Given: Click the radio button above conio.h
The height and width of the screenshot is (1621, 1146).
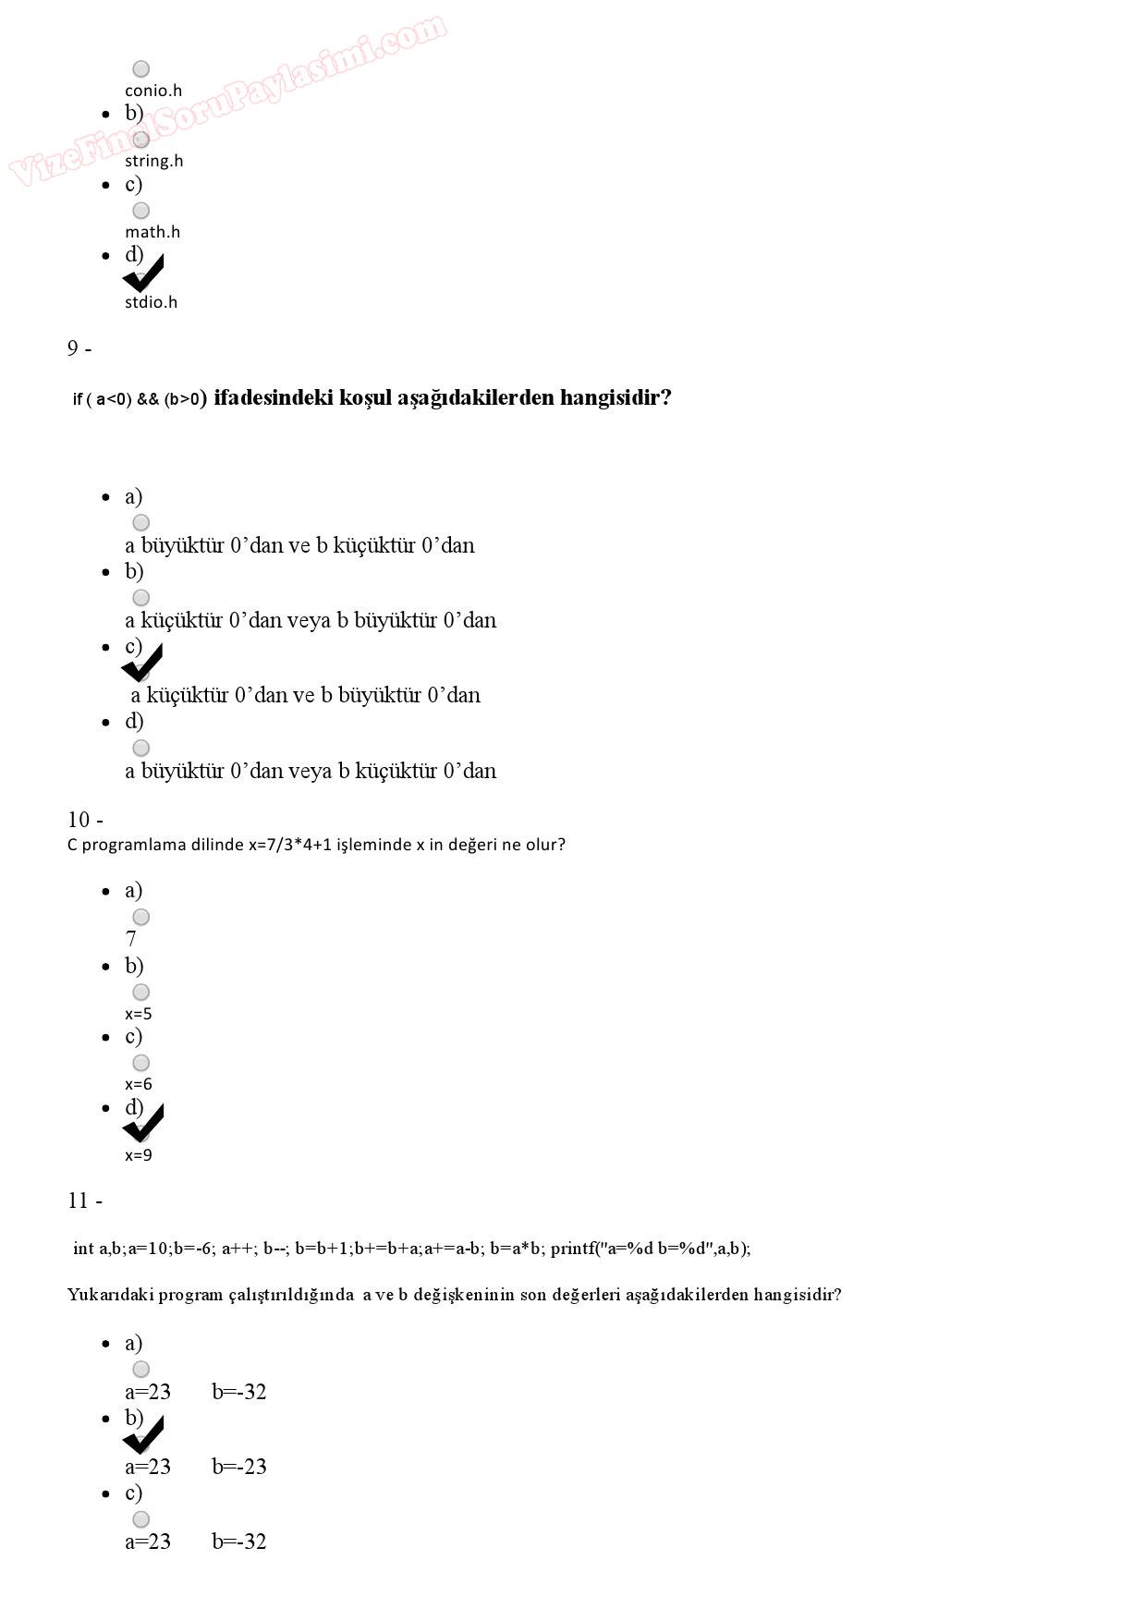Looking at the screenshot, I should tap(140, 68).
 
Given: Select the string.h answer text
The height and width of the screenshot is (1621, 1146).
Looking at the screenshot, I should tap(153, 161).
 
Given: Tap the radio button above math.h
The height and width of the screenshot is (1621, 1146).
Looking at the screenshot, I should tap(140, 211).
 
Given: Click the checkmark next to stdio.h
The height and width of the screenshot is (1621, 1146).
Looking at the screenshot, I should tap(143, 274).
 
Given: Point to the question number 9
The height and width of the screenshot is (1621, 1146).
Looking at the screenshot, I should tap(79, 348).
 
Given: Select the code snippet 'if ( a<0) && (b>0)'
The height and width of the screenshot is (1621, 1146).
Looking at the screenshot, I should tap(136, 399).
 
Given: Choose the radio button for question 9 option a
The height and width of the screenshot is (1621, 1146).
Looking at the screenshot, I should tap(140, 523).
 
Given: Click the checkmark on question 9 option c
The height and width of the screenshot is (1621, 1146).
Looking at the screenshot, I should tap(142, 664).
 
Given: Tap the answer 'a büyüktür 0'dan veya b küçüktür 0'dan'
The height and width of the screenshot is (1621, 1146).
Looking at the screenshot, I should tap(311, 771).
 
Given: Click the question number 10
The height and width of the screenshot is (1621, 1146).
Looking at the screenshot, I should tap(84, 820).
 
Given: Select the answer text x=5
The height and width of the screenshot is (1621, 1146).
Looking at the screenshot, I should tap(139, 1014).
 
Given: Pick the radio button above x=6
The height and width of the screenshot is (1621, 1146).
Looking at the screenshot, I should tap(140, 1063).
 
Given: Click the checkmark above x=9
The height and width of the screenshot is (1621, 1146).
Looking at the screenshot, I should tap(143, 1124).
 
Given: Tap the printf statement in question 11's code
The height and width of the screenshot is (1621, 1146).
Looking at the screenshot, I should tap(651, 1249).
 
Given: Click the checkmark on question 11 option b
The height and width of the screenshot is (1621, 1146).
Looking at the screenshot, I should tap(143, 1434).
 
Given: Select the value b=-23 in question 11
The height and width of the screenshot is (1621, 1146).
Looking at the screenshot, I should tap(239, 1467).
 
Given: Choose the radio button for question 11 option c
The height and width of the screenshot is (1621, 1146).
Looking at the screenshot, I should tap(140, 1519).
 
